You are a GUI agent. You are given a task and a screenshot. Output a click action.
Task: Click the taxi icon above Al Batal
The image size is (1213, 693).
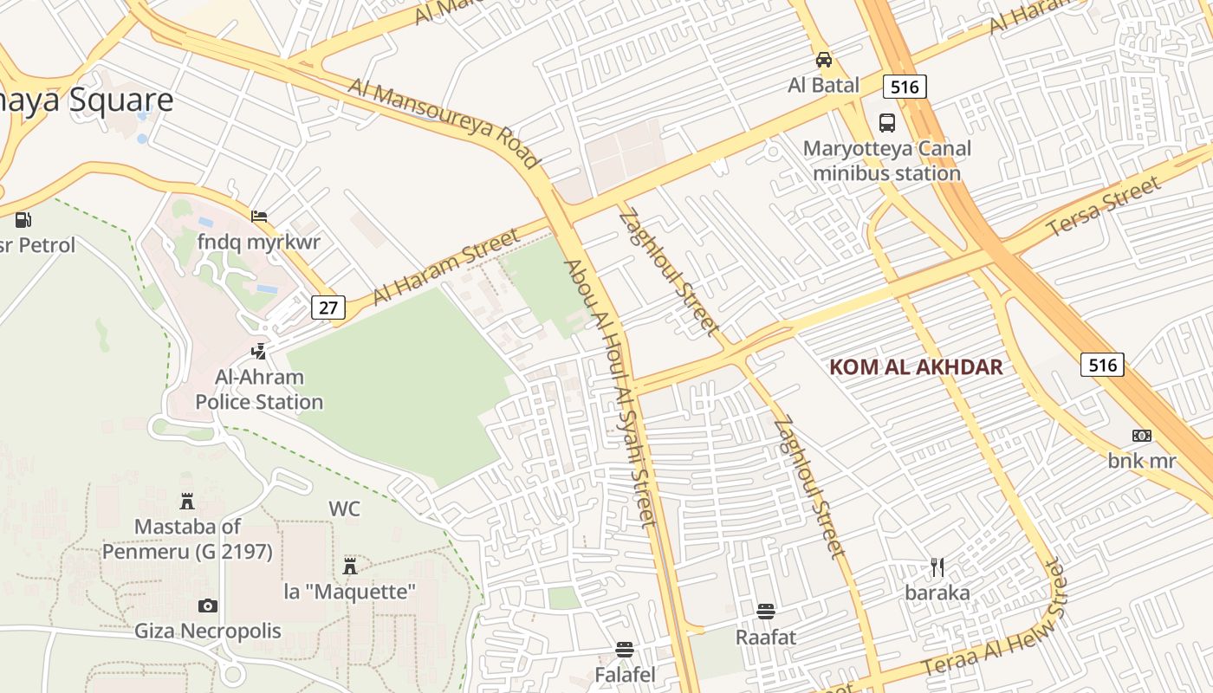[824, 60]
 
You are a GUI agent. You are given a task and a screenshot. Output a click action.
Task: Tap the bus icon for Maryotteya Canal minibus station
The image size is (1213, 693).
[887, 122]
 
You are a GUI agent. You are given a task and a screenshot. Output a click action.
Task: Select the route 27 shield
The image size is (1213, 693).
[328, 307]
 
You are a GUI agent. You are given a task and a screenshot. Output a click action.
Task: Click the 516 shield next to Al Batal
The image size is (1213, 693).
[905, 86]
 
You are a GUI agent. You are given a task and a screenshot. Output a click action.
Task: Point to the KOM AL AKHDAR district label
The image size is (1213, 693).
[916, 366]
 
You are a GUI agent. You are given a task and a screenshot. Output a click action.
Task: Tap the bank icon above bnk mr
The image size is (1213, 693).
[1142, 435]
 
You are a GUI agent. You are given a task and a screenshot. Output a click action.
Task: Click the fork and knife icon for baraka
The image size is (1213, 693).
[937, 567]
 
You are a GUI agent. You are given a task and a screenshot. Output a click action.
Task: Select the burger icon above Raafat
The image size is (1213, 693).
[765, 612]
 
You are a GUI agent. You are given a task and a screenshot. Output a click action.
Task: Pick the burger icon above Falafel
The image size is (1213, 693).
[625, 649]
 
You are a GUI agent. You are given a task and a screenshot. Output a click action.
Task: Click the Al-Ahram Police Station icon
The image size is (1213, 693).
[258, 351]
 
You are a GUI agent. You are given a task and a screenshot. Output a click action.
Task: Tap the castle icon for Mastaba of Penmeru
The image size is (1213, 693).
[186, 501]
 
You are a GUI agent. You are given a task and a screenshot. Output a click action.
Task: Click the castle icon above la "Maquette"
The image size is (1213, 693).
[350, 567]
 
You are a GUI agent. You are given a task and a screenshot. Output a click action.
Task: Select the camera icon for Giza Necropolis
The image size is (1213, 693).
[207, 606]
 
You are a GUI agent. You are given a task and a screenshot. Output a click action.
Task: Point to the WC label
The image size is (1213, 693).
[344, 508]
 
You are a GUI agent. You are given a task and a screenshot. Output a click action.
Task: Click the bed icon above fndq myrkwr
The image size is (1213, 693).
[258, 217]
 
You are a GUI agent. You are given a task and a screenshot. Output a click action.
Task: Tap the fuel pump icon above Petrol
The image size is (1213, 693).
[23, 220]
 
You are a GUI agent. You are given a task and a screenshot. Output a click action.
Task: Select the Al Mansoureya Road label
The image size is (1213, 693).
[444, 122]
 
